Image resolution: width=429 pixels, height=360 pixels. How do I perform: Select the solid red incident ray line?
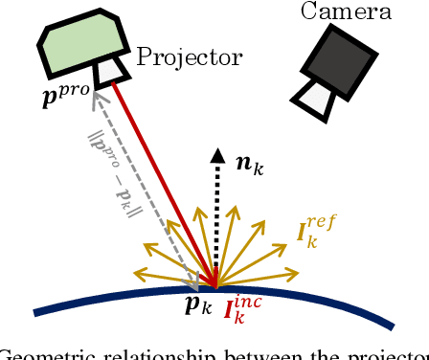pos(163,181)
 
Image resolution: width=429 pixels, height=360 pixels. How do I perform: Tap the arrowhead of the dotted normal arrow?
pos(218,153)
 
